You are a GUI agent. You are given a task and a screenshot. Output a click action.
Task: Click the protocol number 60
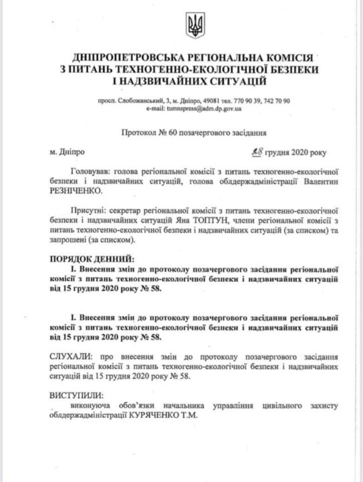(174, 134)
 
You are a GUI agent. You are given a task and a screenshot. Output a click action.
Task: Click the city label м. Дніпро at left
(67, 153)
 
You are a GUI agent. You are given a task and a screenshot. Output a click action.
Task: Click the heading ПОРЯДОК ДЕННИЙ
(92, 258)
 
